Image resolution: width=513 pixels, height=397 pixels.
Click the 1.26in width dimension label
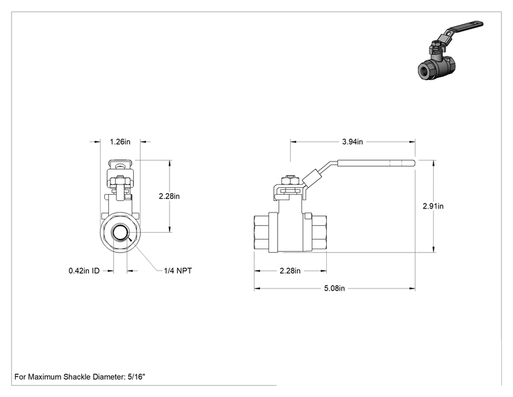[120, 142]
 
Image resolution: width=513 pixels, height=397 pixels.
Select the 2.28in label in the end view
[169, 196]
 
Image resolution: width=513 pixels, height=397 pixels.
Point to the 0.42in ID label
[84, 271]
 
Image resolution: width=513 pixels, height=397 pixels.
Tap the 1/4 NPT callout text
[178, 271]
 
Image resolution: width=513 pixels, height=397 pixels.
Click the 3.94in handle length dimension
[352, 142]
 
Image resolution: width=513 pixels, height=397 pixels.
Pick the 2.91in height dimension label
[433, 206]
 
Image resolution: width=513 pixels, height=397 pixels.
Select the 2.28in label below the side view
[290, 271]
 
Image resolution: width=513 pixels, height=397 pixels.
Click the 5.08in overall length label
[334, 288]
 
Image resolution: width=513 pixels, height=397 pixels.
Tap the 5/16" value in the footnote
[136, 377]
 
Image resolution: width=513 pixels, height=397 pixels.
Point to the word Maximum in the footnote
[45, 377]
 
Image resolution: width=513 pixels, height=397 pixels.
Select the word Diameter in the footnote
[109, 377]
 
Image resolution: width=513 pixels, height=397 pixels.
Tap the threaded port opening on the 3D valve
[426, 70]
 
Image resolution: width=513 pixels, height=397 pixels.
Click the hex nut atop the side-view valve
[290, 181]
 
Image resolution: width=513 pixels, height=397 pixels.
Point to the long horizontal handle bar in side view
[376, 163]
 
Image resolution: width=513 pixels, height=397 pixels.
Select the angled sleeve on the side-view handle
[312, 179]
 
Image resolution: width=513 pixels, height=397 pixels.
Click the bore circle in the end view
[120, 233]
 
